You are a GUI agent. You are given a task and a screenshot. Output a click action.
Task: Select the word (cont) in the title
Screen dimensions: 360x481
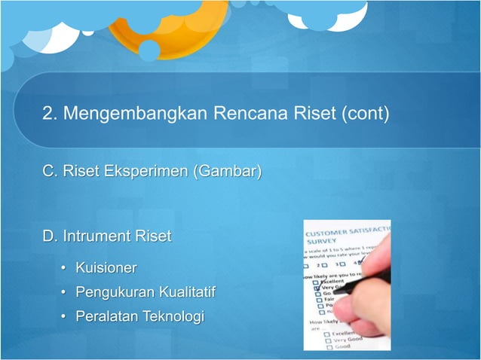click(x=365, y=114)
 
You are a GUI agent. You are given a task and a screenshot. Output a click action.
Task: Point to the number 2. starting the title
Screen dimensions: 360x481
click(x=51, y=114)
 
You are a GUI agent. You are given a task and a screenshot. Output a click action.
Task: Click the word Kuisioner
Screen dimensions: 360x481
click(x=106, y=267)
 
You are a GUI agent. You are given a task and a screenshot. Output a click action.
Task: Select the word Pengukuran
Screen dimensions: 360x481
click(x=112, y=292)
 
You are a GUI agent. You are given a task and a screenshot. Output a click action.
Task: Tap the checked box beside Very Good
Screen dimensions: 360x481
click(x=317, y=288)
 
